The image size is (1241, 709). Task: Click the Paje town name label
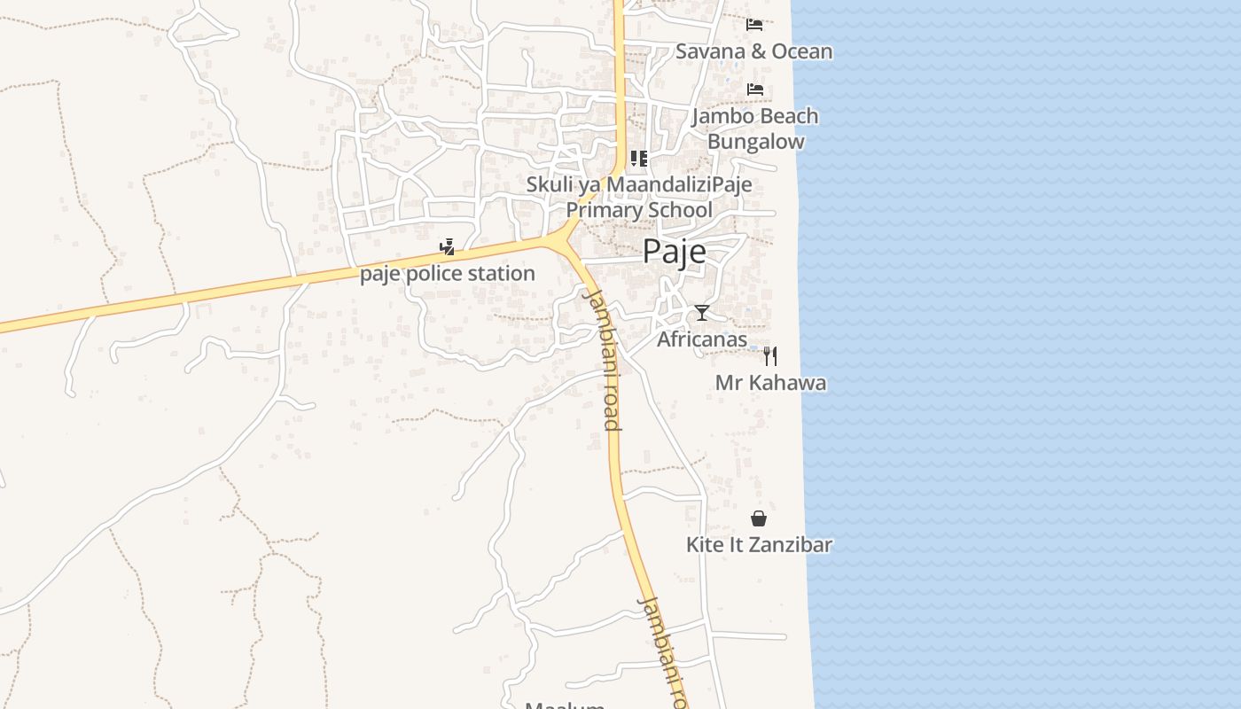(674, 252)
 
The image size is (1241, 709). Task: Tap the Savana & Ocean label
(753, 51)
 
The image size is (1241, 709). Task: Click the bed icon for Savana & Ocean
(754, 24)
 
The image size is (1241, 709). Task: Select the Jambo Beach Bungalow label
(755, 129)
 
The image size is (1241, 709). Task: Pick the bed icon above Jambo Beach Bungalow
(754, 89)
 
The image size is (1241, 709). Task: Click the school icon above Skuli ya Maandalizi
(638, 159)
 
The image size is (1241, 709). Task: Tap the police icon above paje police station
(448, 247)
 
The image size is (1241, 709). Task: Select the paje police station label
(448, 274)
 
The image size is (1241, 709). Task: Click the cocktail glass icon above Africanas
(702, 312)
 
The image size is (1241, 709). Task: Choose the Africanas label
(702, 339)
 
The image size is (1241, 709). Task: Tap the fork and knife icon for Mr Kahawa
(770, 355)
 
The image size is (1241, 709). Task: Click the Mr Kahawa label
(770, 383)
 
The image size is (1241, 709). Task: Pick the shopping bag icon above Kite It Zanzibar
(759, 518)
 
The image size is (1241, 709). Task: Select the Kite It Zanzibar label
(759, 544)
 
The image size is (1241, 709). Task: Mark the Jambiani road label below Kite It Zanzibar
(663, 651)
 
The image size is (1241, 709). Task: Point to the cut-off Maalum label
(565, 705)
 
